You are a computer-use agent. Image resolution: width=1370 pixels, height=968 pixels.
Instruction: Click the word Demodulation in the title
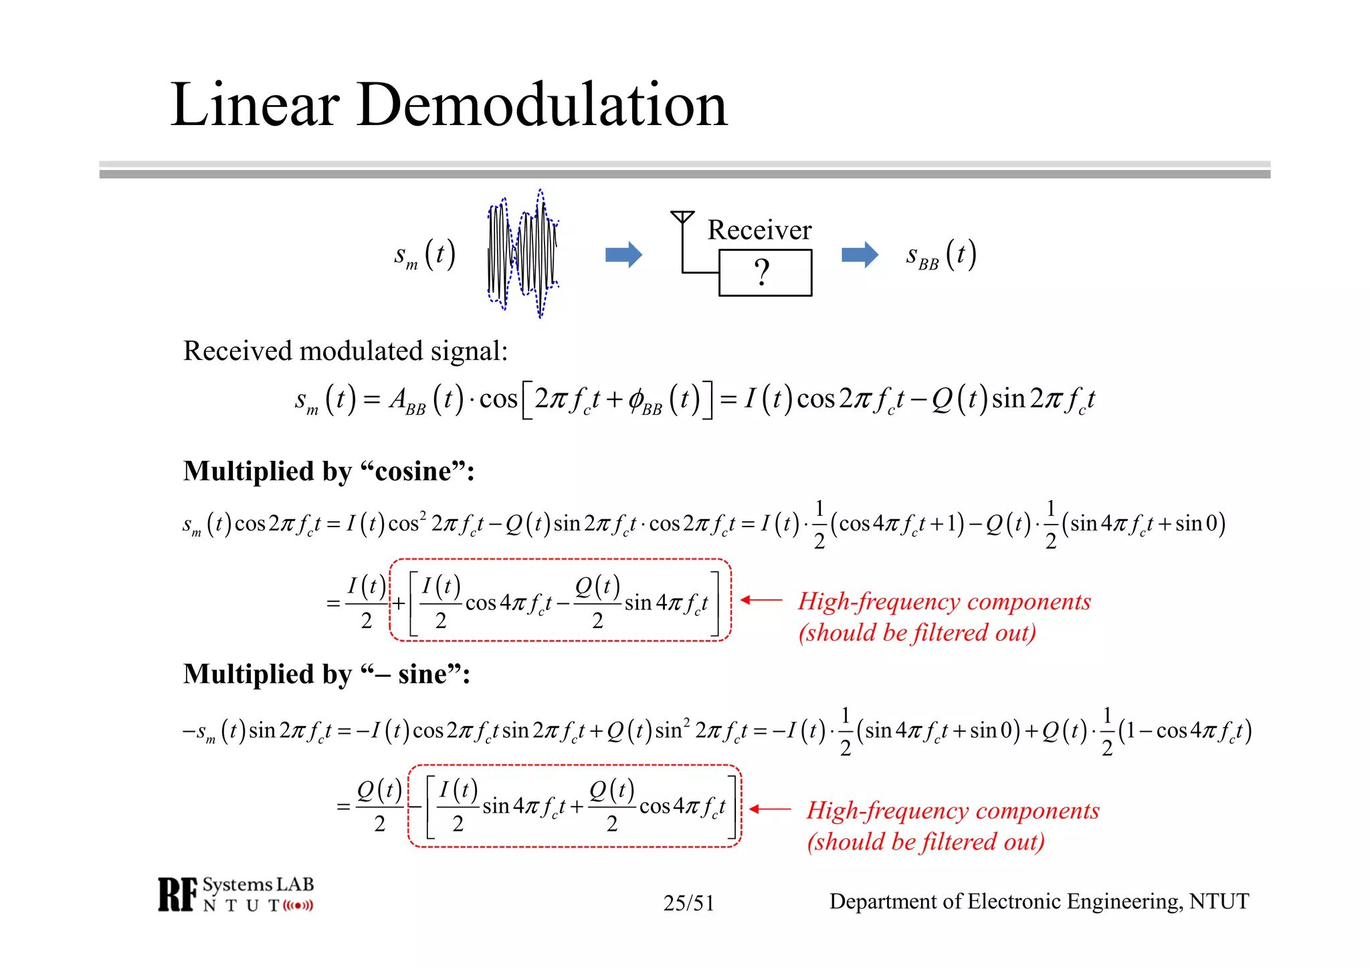pos(542,105)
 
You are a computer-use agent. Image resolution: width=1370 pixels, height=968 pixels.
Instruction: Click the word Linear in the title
pos(255,105)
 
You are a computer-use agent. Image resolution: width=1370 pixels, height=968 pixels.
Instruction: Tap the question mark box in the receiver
pos(765,273)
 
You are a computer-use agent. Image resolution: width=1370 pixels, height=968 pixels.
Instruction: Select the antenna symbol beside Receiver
pos(682,218)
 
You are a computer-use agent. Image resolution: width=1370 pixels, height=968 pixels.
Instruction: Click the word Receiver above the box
pos(759,230)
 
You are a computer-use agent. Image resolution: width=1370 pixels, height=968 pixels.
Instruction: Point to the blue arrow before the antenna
pos(623,254)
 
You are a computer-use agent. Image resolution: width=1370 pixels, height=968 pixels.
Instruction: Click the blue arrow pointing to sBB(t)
pos(860,254)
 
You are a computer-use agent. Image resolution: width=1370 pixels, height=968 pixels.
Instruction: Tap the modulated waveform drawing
pos(522,254)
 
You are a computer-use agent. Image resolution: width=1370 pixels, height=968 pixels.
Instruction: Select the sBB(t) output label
pos(941,256)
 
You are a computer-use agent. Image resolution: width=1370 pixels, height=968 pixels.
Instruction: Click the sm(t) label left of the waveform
pos(425,256)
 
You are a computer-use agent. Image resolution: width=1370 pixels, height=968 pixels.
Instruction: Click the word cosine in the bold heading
pos(413,472)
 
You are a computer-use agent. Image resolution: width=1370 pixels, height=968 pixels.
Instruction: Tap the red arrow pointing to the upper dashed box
pos(762,600)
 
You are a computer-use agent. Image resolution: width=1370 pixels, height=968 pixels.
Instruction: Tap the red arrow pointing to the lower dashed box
pos(770,809)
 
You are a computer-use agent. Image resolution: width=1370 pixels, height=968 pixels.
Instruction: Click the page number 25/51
pos(688,903)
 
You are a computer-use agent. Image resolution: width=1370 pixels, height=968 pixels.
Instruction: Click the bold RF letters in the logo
pos(178,894)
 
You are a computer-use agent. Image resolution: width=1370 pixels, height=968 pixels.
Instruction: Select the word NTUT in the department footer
pos(1219,902)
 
